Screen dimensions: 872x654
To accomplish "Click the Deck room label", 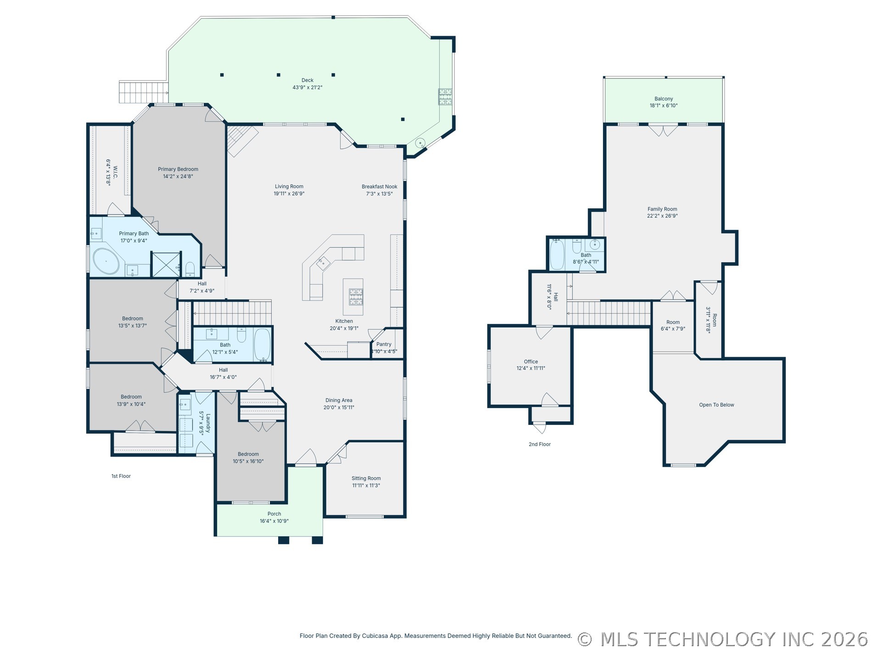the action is coord(307,80).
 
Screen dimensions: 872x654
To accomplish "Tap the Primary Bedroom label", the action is coord(178,169).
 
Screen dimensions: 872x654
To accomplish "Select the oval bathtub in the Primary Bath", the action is coord(106,261).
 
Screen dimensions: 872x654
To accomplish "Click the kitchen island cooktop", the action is coord(356,296).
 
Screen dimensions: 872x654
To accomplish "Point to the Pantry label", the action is coord(384,344).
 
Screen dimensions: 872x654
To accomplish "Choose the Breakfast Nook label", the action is coord(380,187).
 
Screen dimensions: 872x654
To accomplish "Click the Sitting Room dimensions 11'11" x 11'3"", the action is coord(366,486).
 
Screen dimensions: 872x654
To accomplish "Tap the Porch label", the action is coord(274,514).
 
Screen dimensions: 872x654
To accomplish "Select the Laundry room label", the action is coord(208,423).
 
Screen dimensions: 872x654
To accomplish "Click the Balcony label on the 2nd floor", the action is coord(664,99).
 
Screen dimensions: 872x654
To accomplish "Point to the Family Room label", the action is coord(662,209).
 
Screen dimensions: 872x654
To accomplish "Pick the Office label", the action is coord(531,362).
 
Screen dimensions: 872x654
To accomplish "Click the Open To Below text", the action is coord(716,405).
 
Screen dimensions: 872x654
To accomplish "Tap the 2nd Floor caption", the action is coord(540,444).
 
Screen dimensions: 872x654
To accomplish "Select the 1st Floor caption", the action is coord(121,476).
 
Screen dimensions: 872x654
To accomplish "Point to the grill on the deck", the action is coord(445,97).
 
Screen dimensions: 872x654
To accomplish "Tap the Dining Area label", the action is coord(339,401).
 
